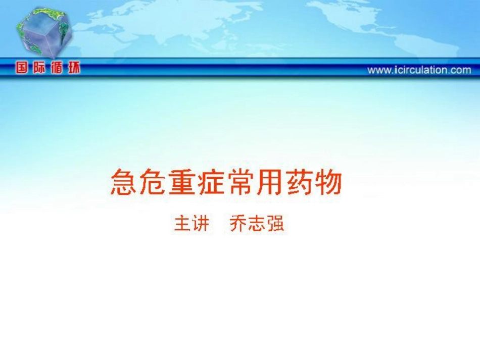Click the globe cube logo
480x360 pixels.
pyautogui.click(x=44, y=33)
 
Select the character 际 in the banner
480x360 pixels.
pyautogui.click(x=39, y=68)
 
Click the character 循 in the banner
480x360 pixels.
pyautogui.click(x=57, y=68)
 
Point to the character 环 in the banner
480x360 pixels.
pyautogui.click(x=74, y=68)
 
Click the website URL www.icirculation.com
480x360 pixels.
pyautogui.click(x=419, y=70)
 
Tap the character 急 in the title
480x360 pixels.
pyautogui.click(x=123, y=182)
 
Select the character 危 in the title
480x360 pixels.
pyautogui.click(x=153, y=182)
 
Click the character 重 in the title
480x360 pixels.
pyautogui.click(x=182, y=182)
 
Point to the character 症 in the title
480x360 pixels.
pyautogui.click(x=211, y=182)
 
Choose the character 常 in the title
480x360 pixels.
pyautogui.click(x=241, y=182)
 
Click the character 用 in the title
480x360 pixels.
pyautogui.click(x=270, y=182)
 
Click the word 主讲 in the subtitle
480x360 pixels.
pyautogui.click(x=191, y=223)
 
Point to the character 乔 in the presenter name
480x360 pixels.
pyautogui.click(x=238, y=223)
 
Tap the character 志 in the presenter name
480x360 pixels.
pyautogui.click(x=257, y=223)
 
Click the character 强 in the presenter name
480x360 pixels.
pyautogui.click(x=275, y=223)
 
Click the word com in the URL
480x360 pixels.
pyautogui.click(x=461, y=71)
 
